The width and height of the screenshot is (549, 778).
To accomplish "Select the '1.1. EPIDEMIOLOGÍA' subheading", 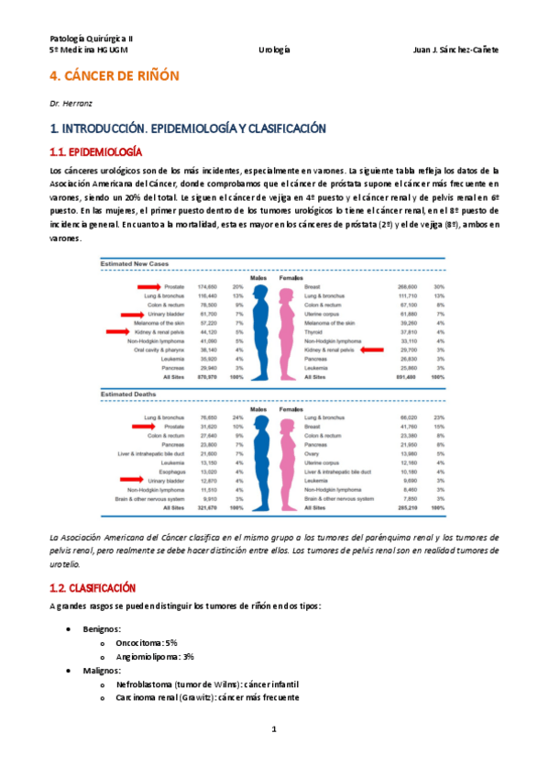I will (x=95, y=150).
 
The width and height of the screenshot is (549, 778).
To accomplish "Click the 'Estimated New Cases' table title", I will (x=136, y=264).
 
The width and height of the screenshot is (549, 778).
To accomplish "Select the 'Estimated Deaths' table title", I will (x=129, y=394).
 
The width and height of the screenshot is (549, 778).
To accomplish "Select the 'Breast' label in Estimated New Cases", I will (x=313, y=287).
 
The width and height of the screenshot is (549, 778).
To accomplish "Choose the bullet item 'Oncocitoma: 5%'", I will (x=148, y=643).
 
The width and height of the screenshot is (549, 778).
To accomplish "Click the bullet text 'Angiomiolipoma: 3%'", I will (x=155, y=657).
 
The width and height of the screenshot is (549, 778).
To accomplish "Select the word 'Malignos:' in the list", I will (x=103, y=672).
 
